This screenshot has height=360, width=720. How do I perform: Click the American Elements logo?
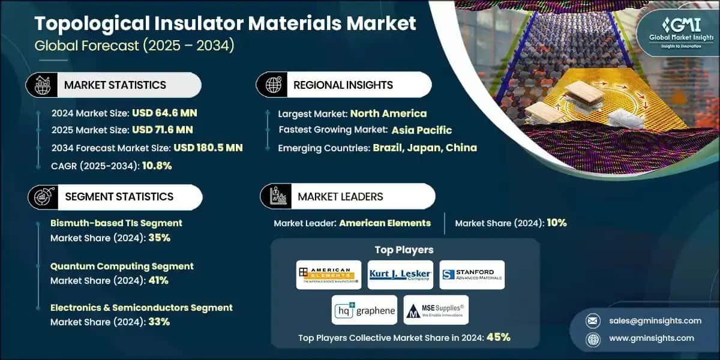click(329, 275)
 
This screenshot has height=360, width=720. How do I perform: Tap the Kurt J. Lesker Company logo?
click(400, 275)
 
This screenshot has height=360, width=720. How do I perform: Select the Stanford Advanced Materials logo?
click(472, 275)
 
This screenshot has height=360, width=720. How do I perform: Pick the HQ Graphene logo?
click(364, 310)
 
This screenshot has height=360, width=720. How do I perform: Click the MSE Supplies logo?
click(436, 310)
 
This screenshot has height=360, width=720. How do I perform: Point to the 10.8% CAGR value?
click(157, 166)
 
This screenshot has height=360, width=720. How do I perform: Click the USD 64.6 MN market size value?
click(164, 112)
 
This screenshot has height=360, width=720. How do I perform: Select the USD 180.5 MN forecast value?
click(208, 148)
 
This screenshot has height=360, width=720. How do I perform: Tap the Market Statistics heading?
click(115, 85)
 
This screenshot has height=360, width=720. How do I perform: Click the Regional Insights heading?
click(343, 85)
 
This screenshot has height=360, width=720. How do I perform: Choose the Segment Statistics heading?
click(119, 196)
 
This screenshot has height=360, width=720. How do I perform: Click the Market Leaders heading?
click(340, 196)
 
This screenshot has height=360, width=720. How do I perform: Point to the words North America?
click(388, 113)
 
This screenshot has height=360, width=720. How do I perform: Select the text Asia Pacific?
click(422, 130)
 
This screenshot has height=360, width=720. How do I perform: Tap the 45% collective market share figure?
click(498, 337)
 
